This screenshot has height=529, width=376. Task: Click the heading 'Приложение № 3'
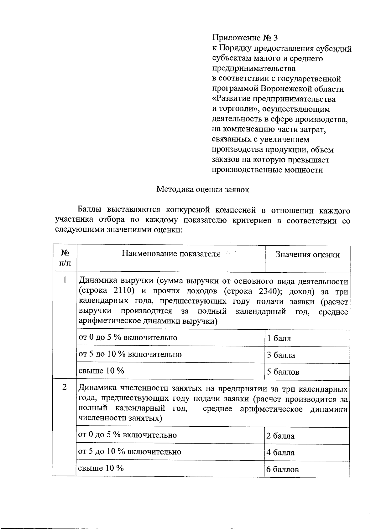coord(245,38)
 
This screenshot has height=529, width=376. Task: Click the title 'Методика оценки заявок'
coord(202,189)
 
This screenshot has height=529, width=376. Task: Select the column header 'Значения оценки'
coord(307,255)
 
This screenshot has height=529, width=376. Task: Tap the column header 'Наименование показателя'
coord(171,254)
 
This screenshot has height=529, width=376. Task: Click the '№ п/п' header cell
coord(65,258)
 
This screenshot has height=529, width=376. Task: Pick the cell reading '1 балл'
coord(279,338)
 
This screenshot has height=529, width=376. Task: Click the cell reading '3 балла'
coord(281,355)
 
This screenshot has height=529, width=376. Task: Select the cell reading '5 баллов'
coord(283,372)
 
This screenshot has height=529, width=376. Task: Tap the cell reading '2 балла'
coord(280,436)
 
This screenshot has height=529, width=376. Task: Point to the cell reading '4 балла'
coord(280,453)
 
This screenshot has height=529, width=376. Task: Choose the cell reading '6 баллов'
coord(282,470)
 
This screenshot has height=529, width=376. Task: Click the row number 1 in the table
coord(65,280)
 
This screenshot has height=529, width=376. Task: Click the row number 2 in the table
coord(65,387)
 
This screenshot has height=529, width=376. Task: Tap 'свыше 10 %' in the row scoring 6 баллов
coord(101,468)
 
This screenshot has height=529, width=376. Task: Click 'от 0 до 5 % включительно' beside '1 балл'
coord(128,337)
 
